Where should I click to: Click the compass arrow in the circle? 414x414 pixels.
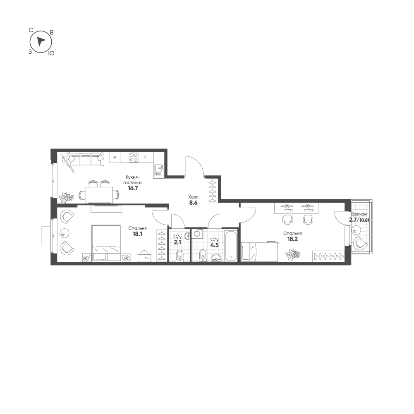pos(41,41)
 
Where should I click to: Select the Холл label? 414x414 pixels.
pos(193,197)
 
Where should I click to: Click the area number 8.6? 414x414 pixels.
pos(193,203)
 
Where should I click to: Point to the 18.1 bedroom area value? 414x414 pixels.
pos(138,234)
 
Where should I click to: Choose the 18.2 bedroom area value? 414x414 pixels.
pos(292,239)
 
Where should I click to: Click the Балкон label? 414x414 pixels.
pos(359,214)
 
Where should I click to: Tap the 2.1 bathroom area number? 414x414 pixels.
pos(177,242)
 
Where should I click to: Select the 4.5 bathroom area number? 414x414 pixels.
pos(214,245)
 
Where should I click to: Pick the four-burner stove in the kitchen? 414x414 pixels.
pos(134,157)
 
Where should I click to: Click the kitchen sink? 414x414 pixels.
pos(159,170)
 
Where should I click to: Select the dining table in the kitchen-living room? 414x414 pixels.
pos(99,195)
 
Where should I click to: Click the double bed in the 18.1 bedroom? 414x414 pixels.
pos(106,243)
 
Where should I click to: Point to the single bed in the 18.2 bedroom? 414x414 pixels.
pos(260,252)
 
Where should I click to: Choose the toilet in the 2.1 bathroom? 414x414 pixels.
pos(179,256)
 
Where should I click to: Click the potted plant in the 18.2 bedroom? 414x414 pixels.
pos(293,254)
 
